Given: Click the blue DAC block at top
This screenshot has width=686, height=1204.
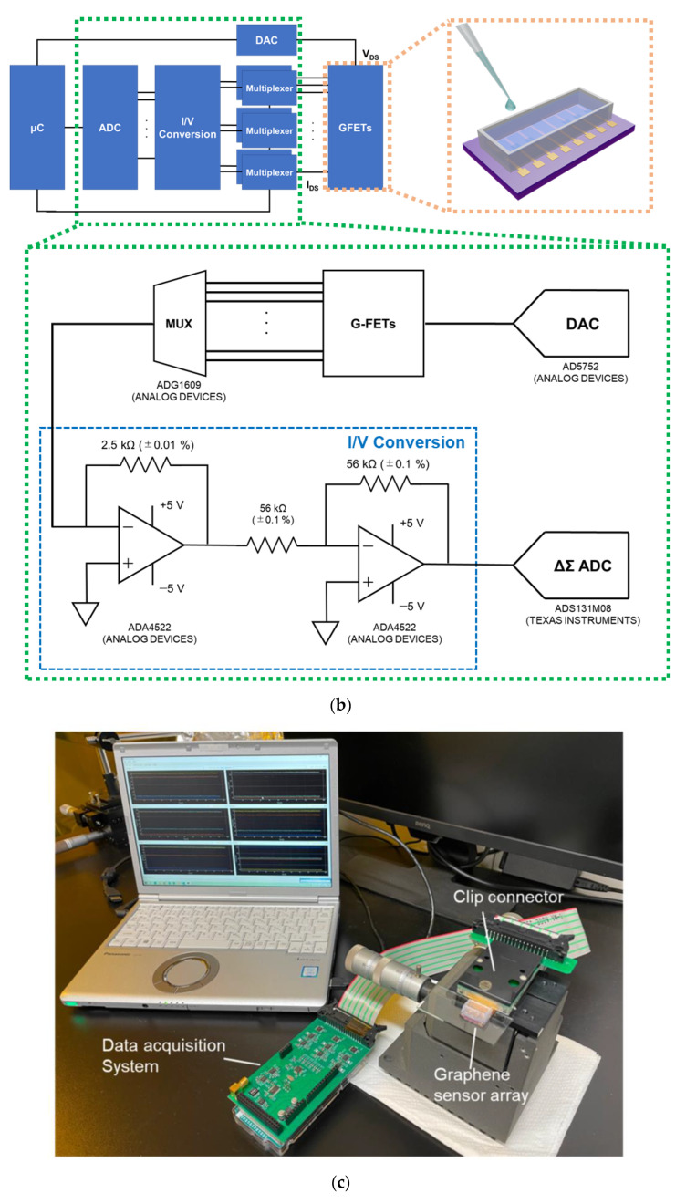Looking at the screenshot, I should click(267, 39).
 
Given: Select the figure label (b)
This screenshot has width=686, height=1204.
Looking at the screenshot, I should click(342, 705).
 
